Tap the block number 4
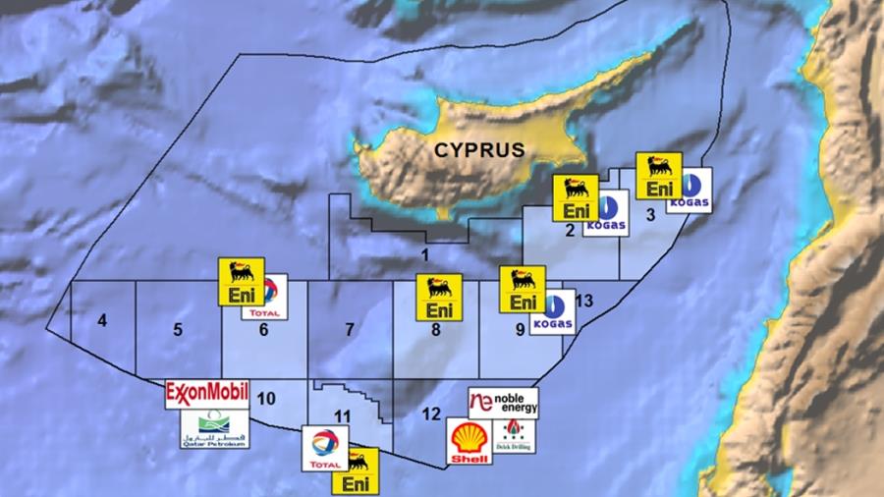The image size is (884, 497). click(102, 320)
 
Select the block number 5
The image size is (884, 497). click(178, 329)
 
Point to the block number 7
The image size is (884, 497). click(348, 329)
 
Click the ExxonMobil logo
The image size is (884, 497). click(207, 395)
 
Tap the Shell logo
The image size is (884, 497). click(469, 442)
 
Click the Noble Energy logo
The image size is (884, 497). click(503, 402)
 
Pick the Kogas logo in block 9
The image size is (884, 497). click(553, 312)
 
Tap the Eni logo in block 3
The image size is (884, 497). click(659, 177)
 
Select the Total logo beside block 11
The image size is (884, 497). click(324, 448)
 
